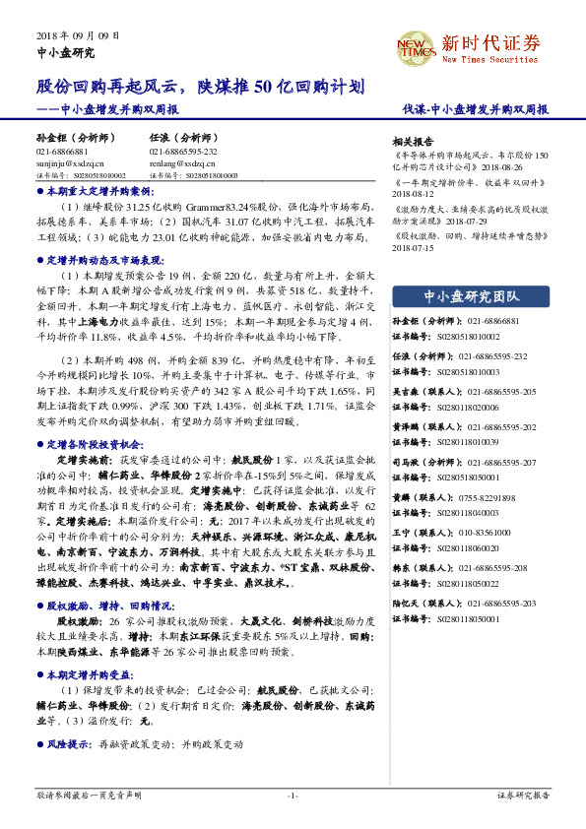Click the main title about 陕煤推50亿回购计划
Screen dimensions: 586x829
(x=201, y=87)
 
